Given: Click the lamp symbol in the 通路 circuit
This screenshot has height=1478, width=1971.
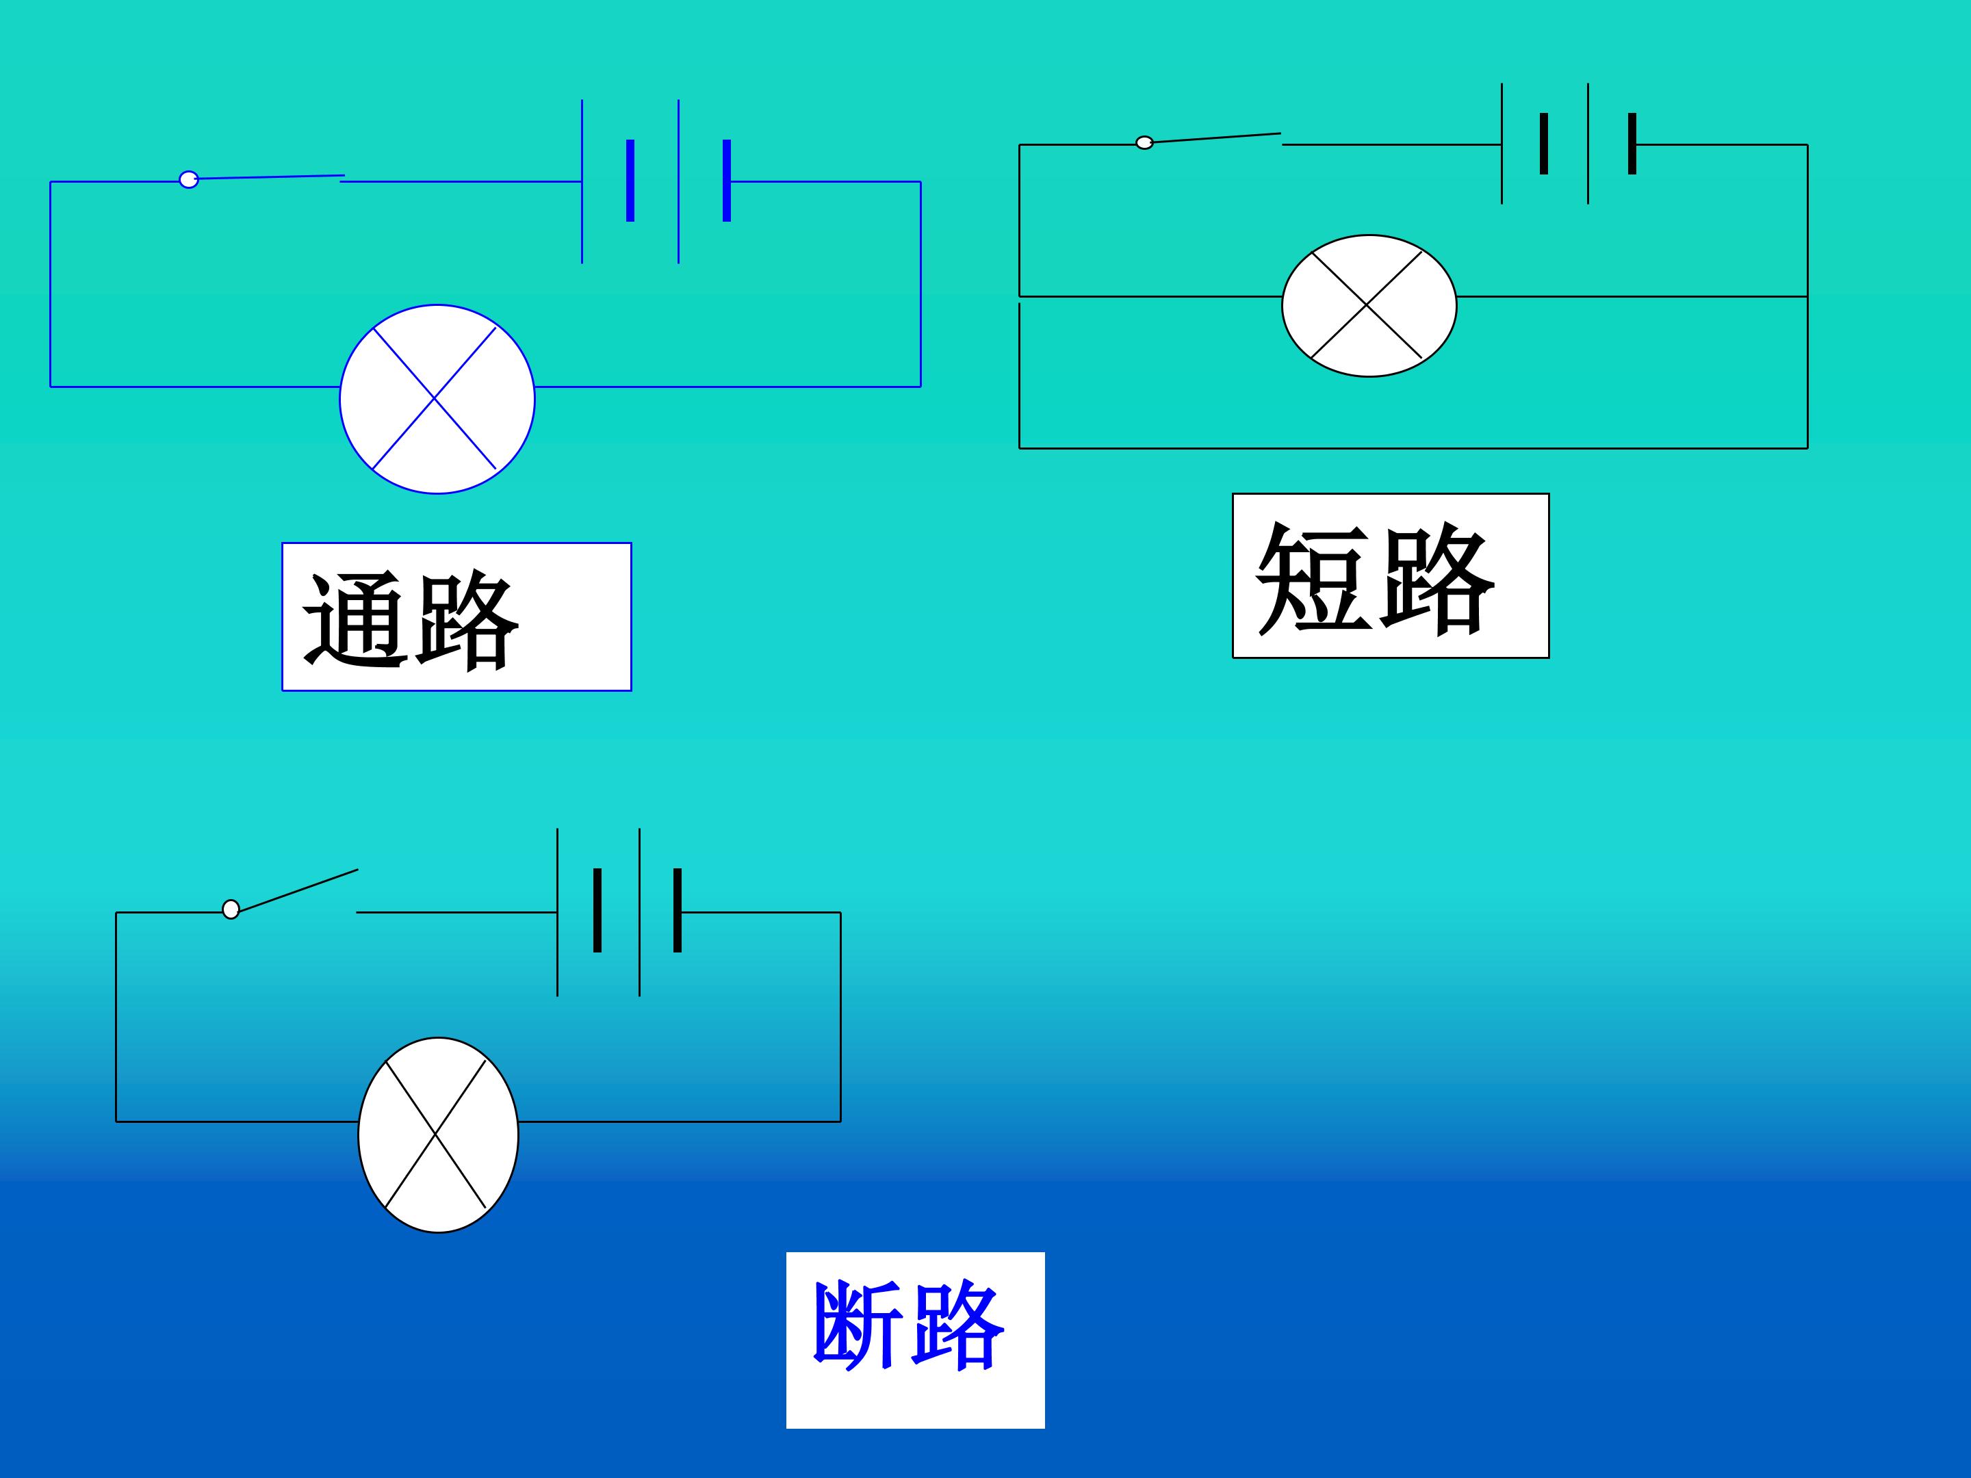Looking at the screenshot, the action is coord(437,398).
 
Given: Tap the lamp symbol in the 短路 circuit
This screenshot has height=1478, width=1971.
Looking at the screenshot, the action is coord(1369,306).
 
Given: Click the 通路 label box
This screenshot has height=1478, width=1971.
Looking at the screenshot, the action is coord(456,617).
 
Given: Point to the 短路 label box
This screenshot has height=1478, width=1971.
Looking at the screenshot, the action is coord(1390,575).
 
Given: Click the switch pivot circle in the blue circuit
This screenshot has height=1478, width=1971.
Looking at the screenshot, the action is coord(188,179).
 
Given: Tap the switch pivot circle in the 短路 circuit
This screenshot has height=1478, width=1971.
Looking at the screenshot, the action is coord(1145,142).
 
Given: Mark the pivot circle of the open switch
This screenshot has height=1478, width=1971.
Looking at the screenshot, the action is coord(231,909).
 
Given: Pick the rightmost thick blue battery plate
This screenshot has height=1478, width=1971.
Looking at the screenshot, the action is coord(727,180).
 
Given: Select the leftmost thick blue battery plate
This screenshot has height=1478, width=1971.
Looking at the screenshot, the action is coord(630,180).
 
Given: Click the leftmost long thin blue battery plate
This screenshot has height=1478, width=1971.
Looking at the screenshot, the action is coord(582,181).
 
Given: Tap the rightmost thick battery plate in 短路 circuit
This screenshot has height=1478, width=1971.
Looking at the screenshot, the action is coord(1632,144).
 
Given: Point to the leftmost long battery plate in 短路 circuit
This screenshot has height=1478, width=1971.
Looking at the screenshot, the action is coord(1502,144).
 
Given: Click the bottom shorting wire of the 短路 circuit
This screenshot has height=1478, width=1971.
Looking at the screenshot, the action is coord(1413,448).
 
